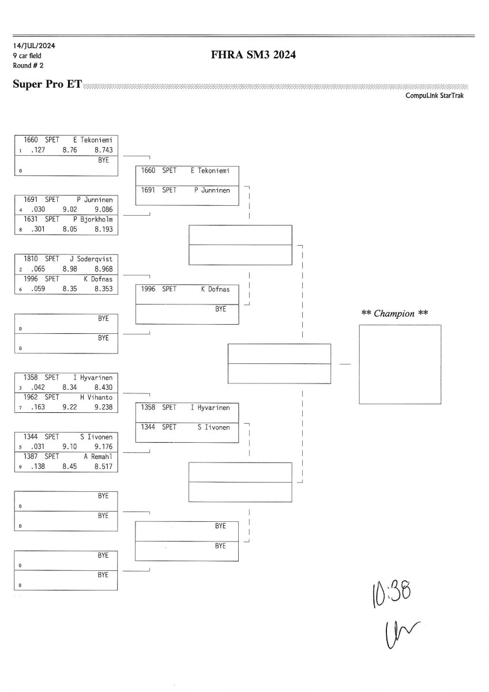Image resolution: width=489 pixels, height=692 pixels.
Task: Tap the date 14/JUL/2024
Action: (34, 46)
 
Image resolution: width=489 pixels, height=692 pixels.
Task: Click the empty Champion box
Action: (400, 364)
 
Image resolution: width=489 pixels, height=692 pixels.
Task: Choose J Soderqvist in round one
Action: (91, 259)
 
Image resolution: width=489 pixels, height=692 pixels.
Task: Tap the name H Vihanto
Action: (96, 397)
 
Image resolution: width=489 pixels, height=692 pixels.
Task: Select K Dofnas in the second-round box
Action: (215, 289)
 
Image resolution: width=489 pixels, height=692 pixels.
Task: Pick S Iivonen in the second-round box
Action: (213, 427)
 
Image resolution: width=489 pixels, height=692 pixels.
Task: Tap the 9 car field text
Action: (27, 55)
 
